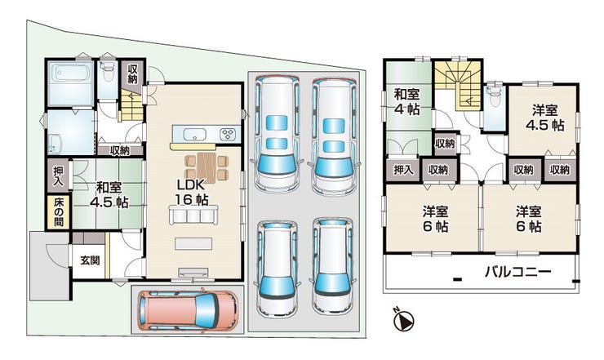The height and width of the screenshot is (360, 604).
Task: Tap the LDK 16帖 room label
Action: coord(191,192)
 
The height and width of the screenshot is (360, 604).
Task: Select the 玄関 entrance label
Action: coord(90,260)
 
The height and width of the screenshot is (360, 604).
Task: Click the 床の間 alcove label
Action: coord(58,211)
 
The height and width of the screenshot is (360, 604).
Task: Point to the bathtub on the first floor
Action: coord(70,73)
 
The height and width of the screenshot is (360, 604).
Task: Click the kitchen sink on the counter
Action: coord(194,135)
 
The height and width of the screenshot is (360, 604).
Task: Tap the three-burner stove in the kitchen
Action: coord(228,134)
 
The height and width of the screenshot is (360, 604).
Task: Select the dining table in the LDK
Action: coord(207,167)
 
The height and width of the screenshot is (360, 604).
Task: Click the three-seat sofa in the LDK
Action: coord(193,215)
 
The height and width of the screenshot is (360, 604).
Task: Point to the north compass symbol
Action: coord(403,319)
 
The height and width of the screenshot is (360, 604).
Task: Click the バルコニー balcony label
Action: coord(517,272)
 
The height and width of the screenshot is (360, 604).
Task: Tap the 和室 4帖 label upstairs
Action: coord(406,102)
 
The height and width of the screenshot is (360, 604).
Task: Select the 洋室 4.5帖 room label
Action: coord(544,118)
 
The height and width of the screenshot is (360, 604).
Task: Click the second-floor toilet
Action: coord(493,96)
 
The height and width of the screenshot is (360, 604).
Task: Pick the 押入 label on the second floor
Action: coord(403,170)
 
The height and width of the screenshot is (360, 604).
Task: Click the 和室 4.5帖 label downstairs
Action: coord(109,195)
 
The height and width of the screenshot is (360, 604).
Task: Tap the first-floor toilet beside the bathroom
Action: coord(107,70)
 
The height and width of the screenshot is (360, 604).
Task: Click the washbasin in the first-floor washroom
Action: coord(55,144)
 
